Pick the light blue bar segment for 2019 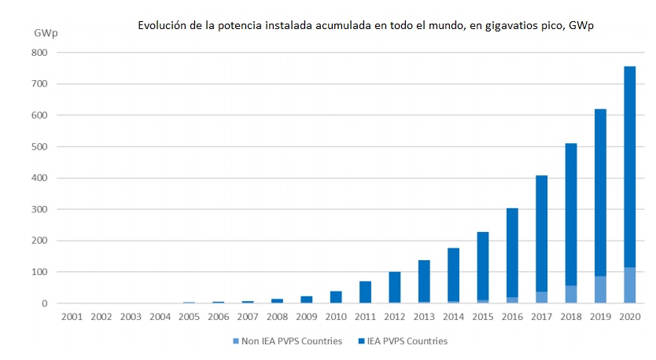click(x=600, y=289)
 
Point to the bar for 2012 click(x=394, y=287)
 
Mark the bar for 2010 click(x=336, y=297)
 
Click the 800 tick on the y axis click(x=40, y=53)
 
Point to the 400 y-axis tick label click(x=40, y=178)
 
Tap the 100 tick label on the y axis click(x=40, y=273)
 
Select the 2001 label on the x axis click(x=72, y=317)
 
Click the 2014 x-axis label click(x=453, y=317)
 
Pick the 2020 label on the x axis click(x=629, y=317)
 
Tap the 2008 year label click(x=277, y=317)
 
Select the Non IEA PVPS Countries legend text click(x=289, y=341)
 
